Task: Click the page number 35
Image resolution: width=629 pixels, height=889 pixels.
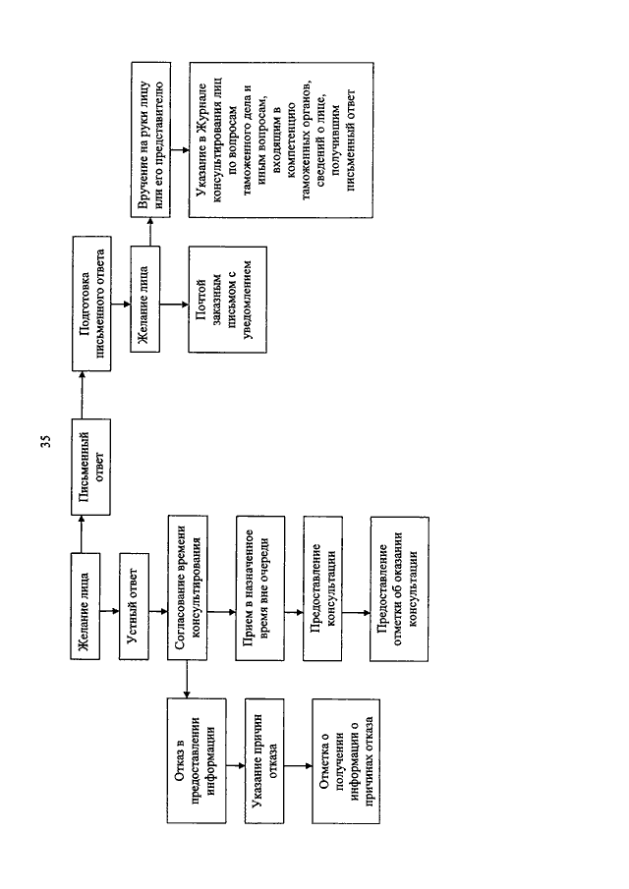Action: click(x=46, y=441)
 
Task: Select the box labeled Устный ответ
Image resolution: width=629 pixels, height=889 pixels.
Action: click(x=134, y=606)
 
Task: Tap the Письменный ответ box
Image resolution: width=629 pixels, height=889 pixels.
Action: click(x=90, y=467)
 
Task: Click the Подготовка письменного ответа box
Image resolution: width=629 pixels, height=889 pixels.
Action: click(x=91, y=304)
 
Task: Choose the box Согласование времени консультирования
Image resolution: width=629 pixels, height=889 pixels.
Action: click(x=187, y=587)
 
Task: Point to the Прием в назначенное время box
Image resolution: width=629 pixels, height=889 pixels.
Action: click(x=259, y=588)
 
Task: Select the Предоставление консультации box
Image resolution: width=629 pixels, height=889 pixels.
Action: click(x=322, y=588)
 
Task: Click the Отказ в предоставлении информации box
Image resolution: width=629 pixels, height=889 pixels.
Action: click(x=197, y=760)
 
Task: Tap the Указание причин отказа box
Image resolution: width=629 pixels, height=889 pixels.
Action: click(x=264, y=760)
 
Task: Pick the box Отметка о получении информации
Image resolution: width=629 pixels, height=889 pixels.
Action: click(x=346, y=761)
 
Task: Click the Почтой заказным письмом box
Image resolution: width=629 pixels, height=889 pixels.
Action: click(x=227, y=300)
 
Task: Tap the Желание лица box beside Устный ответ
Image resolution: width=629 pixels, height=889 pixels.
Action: click(x=86, y=606)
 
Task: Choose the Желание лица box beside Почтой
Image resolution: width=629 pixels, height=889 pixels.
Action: click(x=145, y=300)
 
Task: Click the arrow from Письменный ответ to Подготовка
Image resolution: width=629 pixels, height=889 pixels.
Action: click(x=82, y=395)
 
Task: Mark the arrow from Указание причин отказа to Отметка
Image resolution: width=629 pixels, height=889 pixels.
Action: click(x=299, y=766)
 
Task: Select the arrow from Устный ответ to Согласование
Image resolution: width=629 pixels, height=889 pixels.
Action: click(x=159, y=611)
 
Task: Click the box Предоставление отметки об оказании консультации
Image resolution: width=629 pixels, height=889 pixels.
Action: click(x=399, y=588)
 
